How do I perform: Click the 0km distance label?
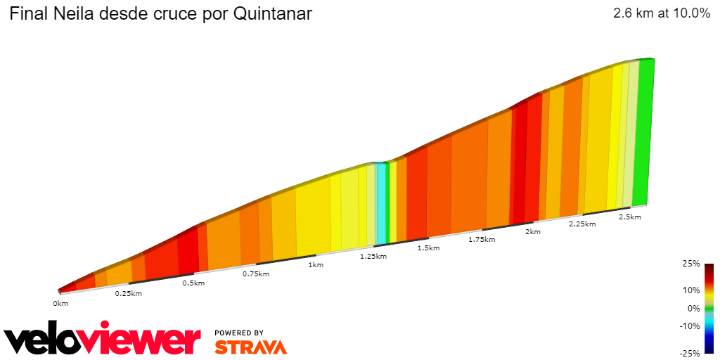click(x=60, y=303)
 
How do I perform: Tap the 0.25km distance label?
click(x=128, y=293)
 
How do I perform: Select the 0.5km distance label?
click(x=193, y=283)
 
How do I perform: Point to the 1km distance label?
click(x=316, y=265)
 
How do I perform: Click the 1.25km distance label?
click(x=373, y=257)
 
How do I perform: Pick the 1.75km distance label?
click(x=482, y=240)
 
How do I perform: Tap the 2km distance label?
click(x=533, y=232)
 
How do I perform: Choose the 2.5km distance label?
click(x=629, y=217)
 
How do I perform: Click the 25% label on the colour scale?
click(x=690, y=264)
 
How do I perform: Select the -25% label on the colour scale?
click(x=689, y=353)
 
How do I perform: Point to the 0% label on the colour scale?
click(x=693, y=308)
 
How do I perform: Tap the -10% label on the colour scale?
click(x=689, y=326)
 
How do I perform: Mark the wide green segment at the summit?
click(x=643, y=134)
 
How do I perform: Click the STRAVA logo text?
click(x=250, y=347)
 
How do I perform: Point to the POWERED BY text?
click(x=239, y=333)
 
